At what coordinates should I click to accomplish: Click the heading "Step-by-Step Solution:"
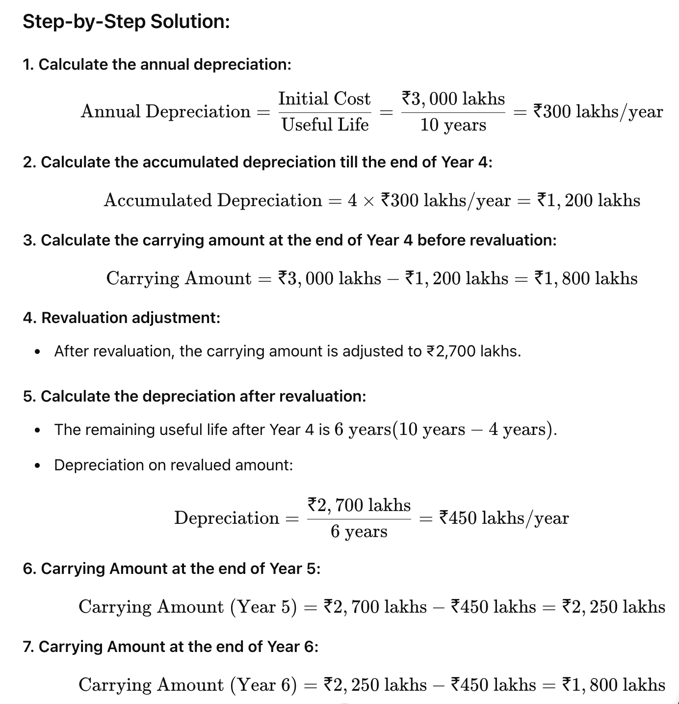click(x=126, y=22)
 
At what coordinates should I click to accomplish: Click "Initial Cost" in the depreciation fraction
click(x=324, y=99)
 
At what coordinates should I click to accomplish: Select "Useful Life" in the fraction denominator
click(x=325, y=125)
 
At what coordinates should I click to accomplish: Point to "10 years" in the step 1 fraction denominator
click(x=453, y=125)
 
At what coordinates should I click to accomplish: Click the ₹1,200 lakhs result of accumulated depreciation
click(x=589, y=200)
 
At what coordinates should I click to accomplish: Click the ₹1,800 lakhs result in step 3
click(x=586, y=278)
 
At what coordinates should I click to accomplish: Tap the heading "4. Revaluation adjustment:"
click(x=121, y=318)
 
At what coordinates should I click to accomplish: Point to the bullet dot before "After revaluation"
click(x=37, y=352)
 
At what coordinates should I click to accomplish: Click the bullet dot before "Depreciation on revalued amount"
click(x=37, y=465)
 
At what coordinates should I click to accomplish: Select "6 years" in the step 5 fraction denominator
click(x=359, y=531)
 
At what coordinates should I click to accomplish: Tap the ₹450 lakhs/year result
click(x=504, y=518)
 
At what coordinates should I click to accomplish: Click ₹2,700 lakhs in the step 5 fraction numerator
click(x=359, y=505)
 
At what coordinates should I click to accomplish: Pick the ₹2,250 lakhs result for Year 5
click(x=613, y=607)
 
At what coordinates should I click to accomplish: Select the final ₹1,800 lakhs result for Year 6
click(x=613, y=685)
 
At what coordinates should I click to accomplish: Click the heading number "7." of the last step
click(x=28, y=647)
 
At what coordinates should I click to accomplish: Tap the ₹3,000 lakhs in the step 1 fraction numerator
click(x=453, y=99)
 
